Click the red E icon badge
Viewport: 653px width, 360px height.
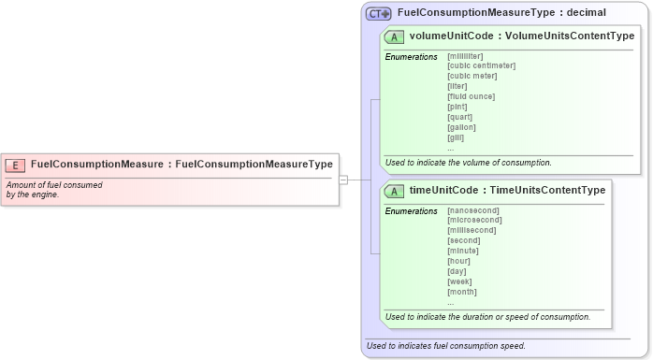coord(15,165)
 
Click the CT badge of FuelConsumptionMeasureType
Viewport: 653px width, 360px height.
coord(379,13)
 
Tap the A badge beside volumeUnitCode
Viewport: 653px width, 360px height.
coord(395,36)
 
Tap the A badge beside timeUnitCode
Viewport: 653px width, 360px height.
coord(395,191)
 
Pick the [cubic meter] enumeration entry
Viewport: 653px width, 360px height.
coord(472,76)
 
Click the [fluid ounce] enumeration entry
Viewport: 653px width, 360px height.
coord(471,96)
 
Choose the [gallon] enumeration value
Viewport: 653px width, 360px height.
coord(461,127)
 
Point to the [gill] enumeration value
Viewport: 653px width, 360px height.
coord(456,137)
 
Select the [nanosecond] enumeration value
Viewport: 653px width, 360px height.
coord(474,210)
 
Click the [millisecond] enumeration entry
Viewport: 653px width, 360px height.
coord(472,230)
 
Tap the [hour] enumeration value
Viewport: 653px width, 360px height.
coord(458,261)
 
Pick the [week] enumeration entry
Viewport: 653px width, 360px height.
coord(459,281)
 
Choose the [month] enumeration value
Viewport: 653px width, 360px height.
coord(462,292)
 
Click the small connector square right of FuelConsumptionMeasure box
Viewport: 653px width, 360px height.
coord(343,179)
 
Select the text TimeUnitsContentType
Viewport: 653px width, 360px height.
coord(547,191)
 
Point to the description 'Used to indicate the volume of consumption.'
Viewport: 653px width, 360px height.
coord(468,162)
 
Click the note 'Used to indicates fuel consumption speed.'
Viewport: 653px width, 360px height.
coord(445,346)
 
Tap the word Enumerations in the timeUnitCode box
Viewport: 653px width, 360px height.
coord(411,211)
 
